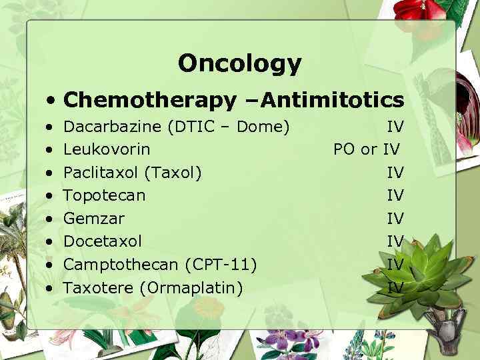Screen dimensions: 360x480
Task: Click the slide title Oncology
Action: [240, 63]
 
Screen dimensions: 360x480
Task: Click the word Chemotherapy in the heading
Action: [150, 100]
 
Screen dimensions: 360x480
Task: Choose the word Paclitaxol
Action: [99, 173]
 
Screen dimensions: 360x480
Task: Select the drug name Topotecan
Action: [104, 195]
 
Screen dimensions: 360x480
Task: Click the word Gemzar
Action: [94, 218]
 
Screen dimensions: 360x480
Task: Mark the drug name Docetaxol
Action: [103, 241]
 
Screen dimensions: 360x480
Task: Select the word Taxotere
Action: [95, 287]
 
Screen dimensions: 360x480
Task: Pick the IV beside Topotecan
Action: [395, 195]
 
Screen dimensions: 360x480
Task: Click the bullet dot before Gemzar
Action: [51, 218]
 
